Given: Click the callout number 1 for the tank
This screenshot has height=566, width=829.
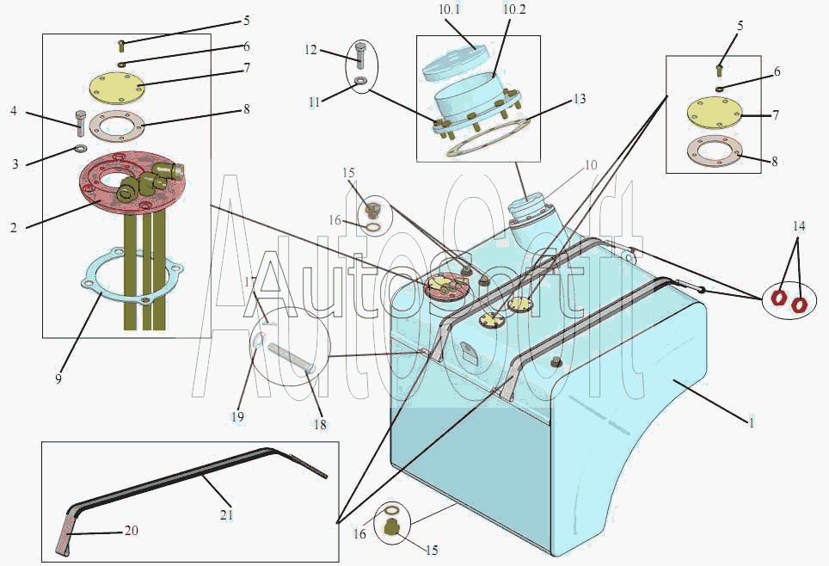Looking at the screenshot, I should point(751,423).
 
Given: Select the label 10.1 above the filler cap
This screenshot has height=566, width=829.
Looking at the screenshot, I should point(450,10).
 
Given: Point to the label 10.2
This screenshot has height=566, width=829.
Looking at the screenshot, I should point(514,10).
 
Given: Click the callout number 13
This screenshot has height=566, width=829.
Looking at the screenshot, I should point(580,99).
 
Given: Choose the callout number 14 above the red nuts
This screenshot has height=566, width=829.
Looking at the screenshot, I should point(799,226).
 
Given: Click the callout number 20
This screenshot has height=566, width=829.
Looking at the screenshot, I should point(132,530).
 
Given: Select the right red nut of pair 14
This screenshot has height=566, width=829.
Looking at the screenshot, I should point(800,304).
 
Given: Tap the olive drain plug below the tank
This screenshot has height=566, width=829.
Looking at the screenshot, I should point(392,527).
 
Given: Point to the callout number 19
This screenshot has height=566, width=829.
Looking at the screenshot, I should point(236,416).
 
